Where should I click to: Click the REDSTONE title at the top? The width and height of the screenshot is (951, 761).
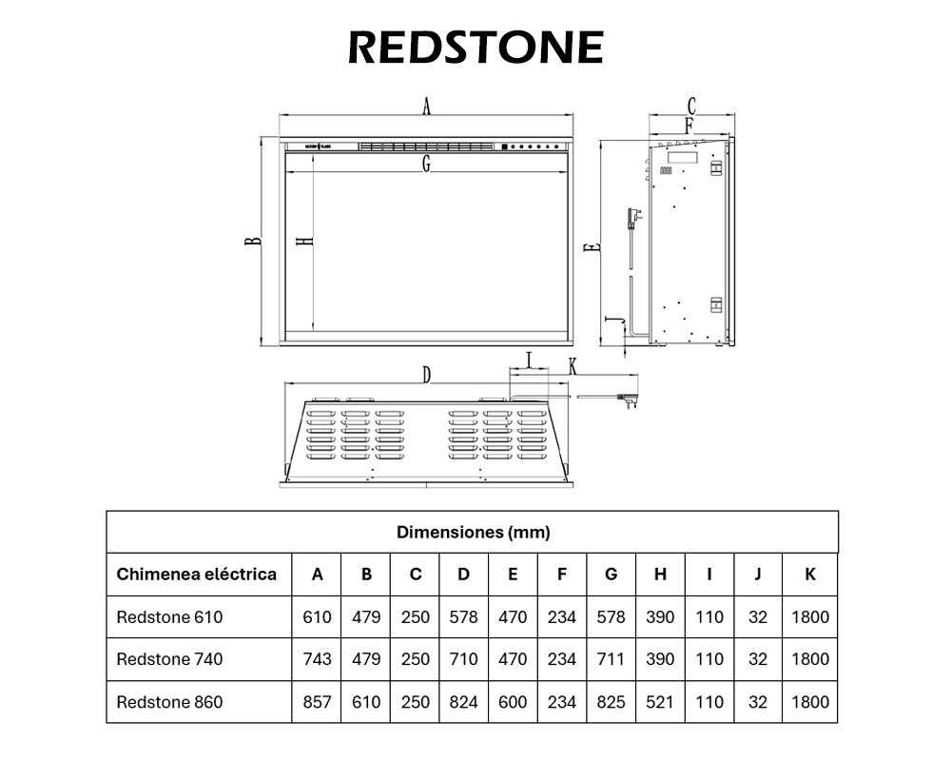475,47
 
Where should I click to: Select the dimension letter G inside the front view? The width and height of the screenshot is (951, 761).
427,165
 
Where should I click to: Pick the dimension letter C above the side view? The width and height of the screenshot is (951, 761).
691,106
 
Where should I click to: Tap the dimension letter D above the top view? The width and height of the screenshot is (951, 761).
427,375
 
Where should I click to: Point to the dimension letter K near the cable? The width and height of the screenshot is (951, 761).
573,365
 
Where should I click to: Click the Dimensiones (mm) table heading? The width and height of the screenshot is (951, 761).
473,532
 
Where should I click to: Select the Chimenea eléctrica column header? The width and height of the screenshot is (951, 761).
197,574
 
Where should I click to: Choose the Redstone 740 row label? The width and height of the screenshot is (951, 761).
169,658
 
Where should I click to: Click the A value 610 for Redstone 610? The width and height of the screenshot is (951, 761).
317,616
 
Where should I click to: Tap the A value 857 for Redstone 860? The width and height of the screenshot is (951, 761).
317,702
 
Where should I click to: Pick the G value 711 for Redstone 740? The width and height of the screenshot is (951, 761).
611,658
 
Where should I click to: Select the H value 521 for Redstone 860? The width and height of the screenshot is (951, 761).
659,702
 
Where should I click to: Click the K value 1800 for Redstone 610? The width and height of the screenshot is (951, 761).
809,616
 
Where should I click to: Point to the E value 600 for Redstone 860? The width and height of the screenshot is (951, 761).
513,702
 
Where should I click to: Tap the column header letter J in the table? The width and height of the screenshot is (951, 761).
758,574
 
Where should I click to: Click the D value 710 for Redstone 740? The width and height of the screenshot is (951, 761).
463,658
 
